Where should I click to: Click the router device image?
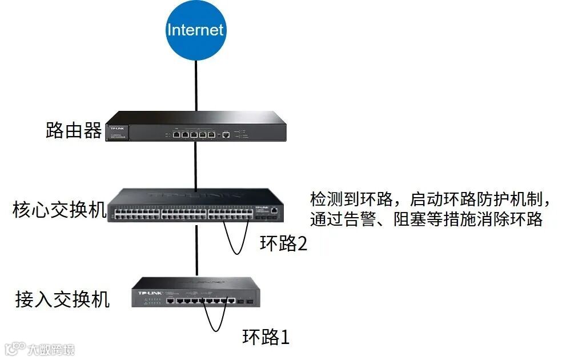[195, 127]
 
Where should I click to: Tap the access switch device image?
[196, 292]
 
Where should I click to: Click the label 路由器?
[73, 131]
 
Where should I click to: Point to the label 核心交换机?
[59, 210]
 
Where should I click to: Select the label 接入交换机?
[62, 299]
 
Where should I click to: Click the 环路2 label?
[283, 245]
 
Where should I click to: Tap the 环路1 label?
[266, 337]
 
